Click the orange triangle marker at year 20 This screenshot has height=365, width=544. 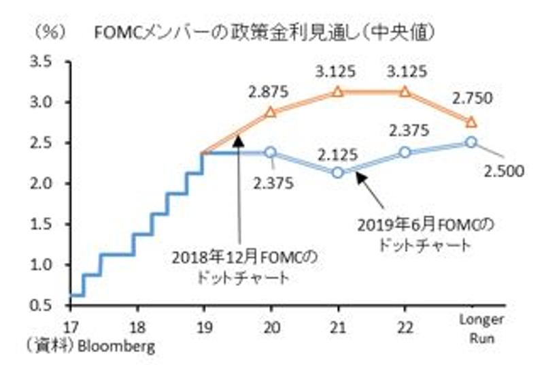point(270,112)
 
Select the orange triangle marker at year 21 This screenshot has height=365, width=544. point(338,92)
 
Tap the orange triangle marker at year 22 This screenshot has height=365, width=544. point(405,92)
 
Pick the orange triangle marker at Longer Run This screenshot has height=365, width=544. point(471,122)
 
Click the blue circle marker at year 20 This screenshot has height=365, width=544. point(270,153)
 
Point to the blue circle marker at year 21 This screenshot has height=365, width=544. point(338,173)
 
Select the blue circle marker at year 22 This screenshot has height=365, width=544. point(405,153)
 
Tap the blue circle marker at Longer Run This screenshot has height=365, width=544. point(471,142)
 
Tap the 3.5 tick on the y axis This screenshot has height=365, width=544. point(41,62)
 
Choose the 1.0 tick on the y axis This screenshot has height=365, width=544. point(41,264)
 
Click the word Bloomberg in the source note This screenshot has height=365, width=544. point(117,347)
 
